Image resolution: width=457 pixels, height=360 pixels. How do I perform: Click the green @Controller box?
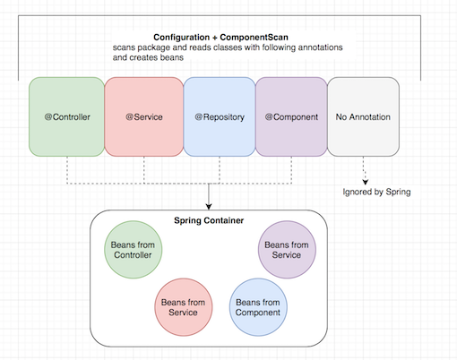pos(66,117)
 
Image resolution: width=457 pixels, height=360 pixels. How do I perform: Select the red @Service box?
pos(143,117)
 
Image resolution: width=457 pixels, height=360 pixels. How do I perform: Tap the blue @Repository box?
pos(220,117)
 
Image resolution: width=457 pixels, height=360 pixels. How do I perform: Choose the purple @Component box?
pos(291,117)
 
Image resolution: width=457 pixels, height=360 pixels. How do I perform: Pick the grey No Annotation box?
pos(362,117)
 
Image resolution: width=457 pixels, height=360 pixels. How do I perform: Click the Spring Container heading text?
pos(209,221)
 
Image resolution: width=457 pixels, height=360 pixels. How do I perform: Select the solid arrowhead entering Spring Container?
pos(209,205)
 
